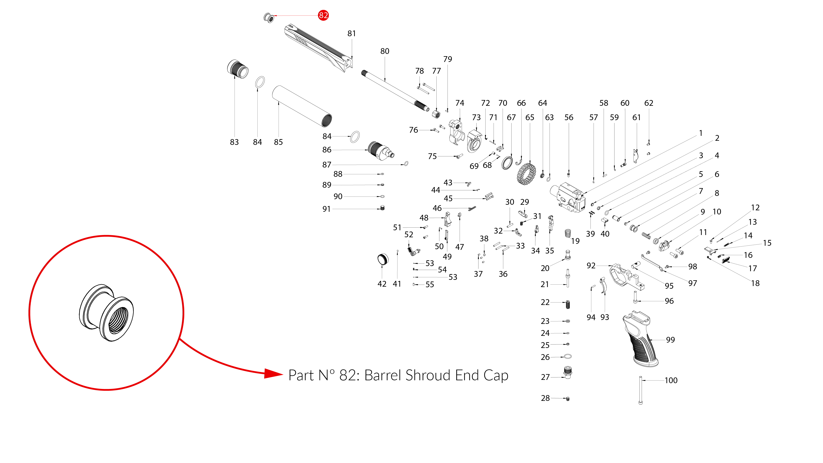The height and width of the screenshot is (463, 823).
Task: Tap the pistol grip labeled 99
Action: point(639,342)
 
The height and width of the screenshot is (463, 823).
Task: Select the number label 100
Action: point(671,380)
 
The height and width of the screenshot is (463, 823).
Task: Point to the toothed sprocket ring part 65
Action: point(526,174)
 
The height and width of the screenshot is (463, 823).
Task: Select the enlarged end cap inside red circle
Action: point(106,313)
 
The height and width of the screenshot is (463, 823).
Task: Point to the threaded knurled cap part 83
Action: point(238,69)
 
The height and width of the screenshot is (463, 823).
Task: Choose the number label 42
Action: point(382,284)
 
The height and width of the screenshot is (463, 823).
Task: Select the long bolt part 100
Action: point(640,390)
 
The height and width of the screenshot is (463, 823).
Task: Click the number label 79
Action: point(447,59)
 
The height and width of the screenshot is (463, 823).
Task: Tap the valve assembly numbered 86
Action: point(380,151)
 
